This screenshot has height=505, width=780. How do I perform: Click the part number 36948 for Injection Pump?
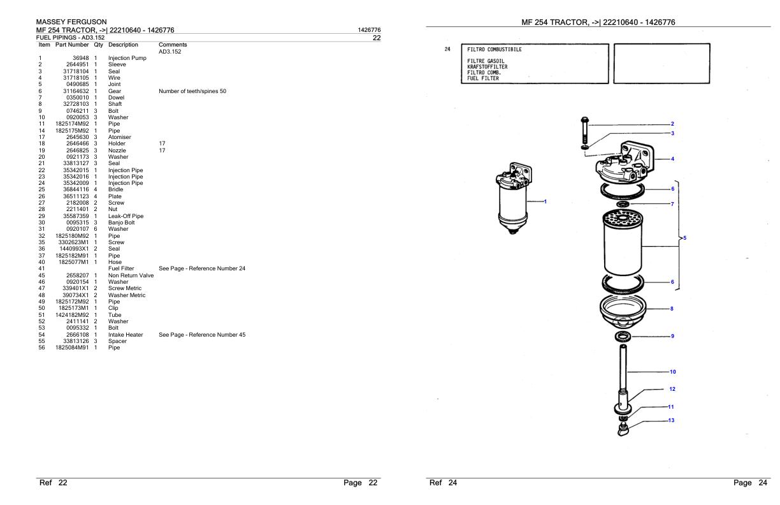81,58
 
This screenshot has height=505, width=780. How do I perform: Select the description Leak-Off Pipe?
126,216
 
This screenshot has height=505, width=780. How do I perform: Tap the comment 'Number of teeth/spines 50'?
192,91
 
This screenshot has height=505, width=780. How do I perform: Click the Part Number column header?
72,45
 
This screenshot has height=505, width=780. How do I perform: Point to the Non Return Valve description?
131,275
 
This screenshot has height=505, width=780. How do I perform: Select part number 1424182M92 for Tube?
72,315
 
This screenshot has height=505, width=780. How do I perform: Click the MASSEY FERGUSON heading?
71,22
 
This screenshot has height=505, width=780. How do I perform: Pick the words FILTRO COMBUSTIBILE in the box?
495,50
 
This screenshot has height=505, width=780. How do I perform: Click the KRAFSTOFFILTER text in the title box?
487,67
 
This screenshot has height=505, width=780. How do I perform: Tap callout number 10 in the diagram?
673,372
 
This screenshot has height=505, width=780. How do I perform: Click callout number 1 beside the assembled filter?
545,201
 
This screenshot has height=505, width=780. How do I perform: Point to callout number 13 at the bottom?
672,420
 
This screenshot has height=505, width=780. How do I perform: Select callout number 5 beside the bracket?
684,238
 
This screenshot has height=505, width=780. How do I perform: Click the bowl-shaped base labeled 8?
623,312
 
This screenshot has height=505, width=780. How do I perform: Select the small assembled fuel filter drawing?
514,198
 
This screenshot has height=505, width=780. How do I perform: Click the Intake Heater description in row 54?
126,335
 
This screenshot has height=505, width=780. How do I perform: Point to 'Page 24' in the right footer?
750,483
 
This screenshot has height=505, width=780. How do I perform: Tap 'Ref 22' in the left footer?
54,483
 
